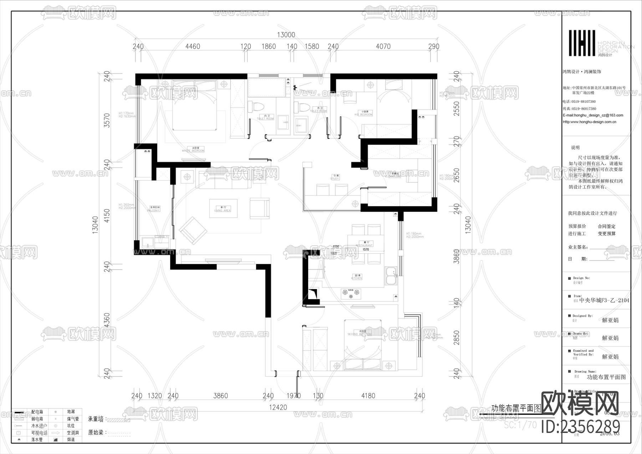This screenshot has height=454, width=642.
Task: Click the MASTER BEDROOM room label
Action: coord(193,149)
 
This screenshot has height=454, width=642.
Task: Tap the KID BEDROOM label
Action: coord(363,113)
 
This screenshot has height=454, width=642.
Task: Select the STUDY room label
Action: coord(335,177)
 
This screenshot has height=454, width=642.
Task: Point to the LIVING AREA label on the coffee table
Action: coord(223,209)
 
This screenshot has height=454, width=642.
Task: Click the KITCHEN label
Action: coord(358,277)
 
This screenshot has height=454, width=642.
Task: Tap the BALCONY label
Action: coord(154,209)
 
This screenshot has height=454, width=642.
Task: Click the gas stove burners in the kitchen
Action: coord(351,293)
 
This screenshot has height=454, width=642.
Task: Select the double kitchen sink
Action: coord(391,276)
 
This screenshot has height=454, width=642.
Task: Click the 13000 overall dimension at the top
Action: coord(286,35)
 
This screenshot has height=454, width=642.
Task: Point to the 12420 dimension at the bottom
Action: coord(278,407)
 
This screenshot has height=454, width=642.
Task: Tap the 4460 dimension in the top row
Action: coord(193,46)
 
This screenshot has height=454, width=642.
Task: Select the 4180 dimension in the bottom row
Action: coord(368,395)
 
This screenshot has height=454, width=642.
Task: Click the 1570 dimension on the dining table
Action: coord(366,249)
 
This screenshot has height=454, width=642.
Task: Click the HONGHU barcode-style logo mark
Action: coord(582,43)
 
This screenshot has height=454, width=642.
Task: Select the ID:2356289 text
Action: coord(580,427)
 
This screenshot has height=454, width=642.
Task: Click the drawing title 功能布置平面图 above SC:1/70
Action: coord(516,408)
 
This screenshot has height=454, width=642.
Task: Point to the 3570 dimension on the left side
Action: coord(107,120)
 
